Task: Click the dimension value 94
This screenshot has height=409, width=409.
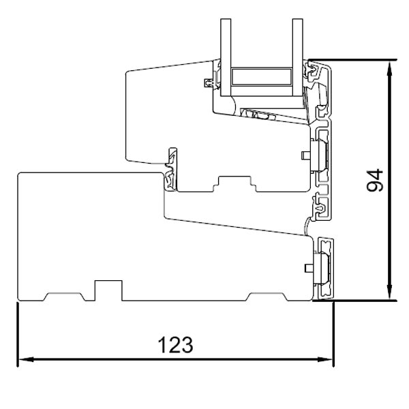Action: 373,181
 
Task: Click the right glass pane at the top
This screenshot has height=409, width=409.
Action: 297,55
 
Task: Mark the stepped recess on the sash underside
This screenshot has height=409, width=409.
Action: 234,183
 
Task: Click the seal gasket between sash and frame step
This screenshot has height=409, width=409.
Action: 169,174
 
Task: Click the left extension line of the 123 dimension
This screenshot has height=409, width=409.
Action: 16,334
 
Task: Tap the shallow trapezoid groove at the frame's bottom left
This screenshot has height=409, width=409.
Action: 62,297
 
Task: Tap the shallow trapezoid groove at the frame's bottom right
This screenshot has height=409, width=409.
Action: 269,297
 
